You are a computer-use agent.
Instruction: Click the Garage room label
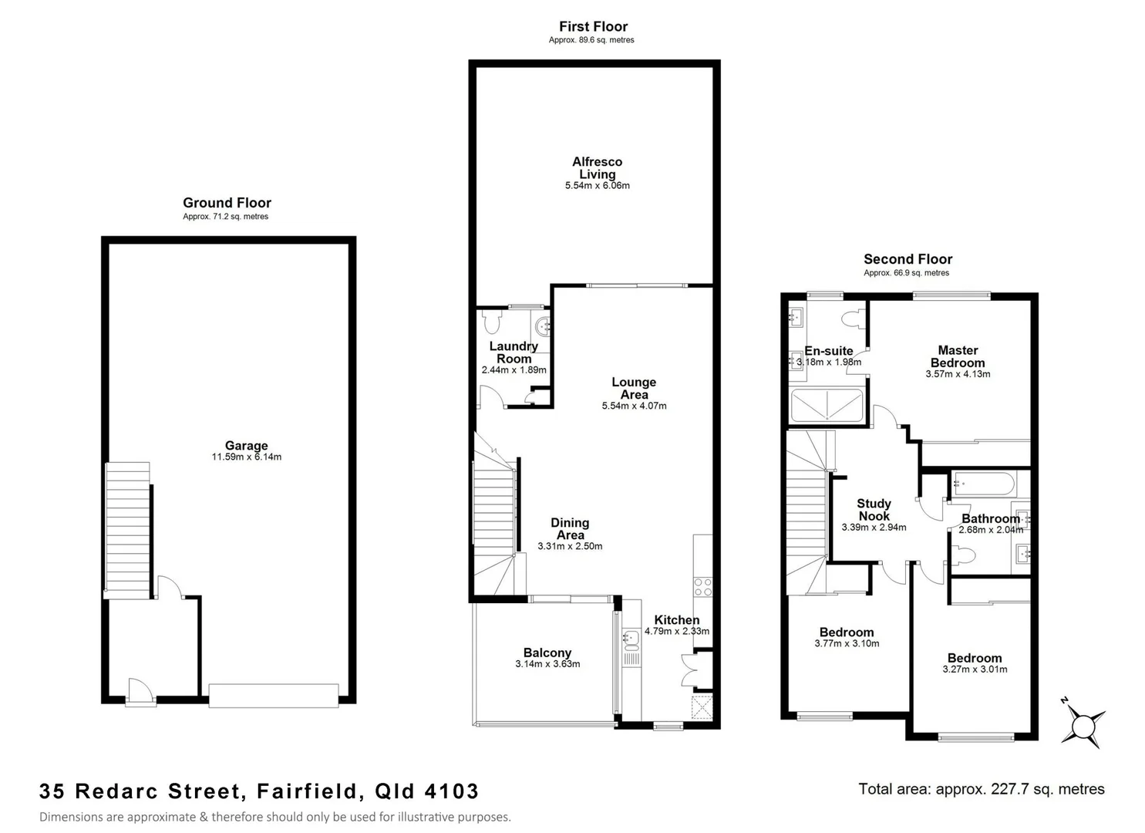(246, 445)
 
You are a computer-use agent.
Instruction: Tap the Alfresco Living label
(597, 167)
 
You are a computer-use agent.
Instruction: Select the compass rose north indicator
(1084, 725)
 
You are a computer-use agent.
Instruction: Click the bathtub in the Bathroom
(983, 484)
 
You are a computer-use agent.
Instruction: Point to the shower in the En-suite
(827, 405)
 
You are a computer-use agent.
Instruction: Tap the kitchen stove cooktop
(702, 586)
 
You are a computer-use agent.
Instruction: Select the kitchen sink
(631, 638)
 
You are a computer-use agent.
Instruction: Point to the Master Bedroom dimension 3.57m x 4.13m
(958, 374)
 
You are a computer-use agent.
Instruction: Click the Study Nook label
(874, 509)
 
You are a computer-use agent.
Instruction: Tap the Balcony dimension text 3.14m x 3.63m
(547, 664)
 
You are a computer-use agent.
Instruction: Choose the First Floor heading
(593, 26)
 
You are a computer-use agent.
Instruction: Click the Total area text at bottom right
(981, 789)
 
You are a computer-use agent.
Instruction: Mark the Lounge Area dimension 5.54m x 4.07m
(634, 406)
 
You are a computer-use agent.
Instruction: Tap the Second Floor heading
(908, 259)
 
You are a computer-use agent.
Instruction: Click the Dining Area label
(570, 528)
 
